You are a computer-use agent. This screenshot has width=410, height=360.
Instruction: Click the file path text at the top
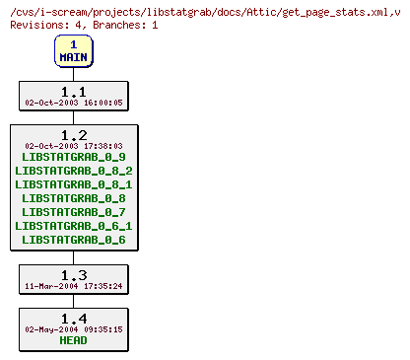pos(202,9)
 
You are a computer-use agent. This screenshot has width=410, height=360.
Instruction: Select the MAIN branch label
pos(73,57)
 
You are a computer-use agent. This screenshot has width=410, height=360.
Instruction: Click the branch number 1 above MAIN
pos(73,44)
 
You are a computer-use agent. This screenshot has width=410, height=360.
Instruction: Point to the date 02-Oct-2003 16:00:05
pos(74,102)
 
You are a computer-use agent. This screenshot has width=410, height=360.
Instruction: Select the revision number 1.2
pos(73,134)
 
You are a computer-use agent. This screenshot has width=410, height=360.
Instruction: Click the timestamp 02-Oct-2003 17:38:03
pos(74,145)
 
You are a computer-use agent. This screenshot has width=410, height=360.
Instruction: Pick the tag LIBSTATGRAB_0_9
pos(74,157)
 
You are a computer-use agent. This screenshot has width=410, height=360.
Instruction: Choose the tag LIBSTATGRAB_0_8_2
pos(74,171)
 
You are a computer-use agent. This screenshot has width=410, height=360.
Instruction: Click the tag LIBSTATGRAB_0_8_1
pos(74,184)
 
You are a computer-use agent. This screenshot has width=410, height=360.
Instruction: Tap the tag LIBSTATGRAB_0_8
pos(74,198)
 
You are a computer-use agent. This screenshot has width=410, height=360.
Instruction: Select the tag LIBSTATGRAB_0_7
pos(74,212)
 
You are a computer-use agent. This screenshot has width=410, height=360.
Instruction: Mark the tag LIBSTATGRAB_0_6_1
pos(74,226)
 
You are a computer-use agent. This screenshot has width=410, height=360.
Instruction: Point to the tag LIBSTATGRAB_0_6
pos(74,240)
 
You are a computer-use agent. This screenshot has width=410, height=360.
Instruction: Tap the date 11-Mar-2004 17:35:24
pos(74,285)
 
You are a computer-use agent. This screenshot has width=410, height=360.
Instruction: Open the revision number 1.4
pos(73,318)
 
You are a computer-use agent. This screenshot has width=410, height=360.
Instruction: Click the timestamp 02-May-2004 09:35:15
pos(74,329)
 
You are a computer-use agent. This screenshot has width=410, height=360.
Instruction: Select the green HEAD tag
pos(73,341)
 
